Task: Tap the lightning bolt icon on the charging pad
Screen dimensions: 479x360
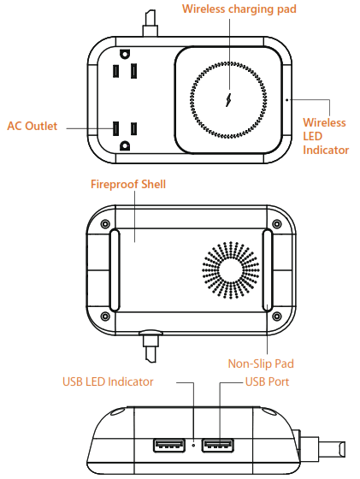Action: tap(228, 98)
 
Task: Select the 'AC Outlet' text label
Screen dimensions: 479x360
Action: tap(32, 127)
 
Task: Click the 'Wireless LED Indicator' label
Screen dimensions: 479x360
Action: tap(325, 136)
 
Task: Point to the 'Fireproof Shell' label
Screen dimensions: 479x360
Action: tap(128, 184)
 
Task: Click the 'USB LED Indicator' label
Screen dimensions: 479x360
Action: tap(108, 381)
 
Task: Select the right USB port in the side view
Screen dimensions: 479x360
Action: tap(220, 445)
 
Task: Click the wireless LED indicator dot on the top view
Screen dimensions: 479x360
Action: tap(286, 99)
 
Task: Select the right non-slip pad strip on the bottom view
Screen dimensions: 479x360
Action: tap(268, 270)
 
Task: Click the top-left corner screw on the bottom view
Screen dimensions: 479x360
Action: tap(104, 224)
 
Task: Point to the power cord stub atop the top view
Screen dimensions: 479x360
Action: tap(151, 21)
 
